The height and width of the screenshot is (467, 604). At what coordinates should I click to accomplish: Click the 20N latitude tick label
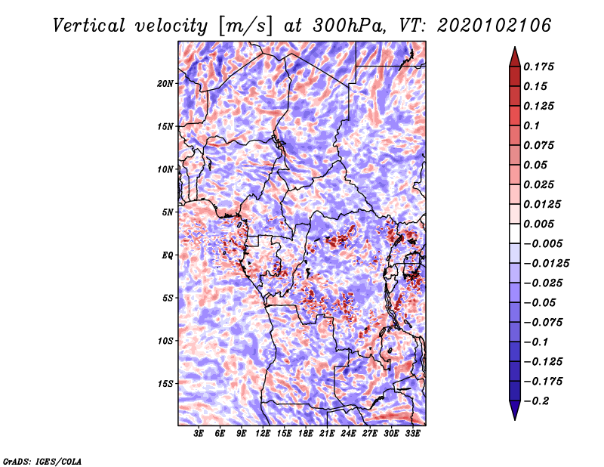165,84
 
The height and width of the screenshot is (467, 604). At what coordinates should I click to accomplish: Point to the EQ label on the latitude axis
167,255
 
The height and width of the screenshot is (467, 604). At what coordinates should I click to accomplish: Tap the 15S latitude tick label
165,384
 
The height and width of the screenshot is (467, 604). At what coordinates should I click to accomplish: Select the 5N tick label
168,212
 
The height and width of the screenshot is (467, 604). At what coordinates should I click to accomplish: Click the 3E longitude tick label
199,434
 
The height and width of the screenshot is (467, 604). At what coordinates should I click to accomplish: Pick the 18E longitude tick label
306,434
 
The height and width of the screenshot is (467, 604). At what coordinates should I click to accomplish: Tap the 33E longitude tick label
412,434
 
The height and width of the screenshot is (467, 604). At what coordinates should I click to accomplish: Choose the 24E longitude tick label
348,434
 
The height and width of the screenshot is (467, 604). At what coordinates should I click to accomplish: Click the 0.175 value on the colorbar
538,66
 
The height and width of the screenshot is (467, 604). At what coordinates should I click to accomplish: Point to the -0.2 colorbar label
536,401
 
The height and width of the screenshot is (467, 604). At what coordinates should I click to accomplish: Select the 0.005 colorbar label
538,224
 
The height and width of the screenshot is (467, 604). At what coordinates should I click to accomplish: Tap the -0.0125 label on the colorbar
546,264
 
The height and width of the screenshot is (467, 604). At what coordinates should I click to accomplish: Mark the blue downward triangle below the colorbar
515,409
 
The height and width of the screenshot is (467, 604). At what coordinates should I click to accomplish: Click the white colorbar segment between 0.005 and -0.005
515,233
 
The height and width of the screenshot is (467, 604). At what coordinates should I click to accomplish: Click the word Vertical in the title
89,26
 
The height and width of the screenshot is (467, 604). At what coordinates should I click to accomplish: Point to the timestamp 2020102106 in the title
495,26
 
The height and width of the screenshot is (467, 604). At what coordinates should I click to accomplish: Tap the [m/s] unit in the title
245,26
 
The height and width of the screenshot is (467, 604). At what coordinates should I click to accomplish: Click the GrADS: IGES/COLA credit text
42,461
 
